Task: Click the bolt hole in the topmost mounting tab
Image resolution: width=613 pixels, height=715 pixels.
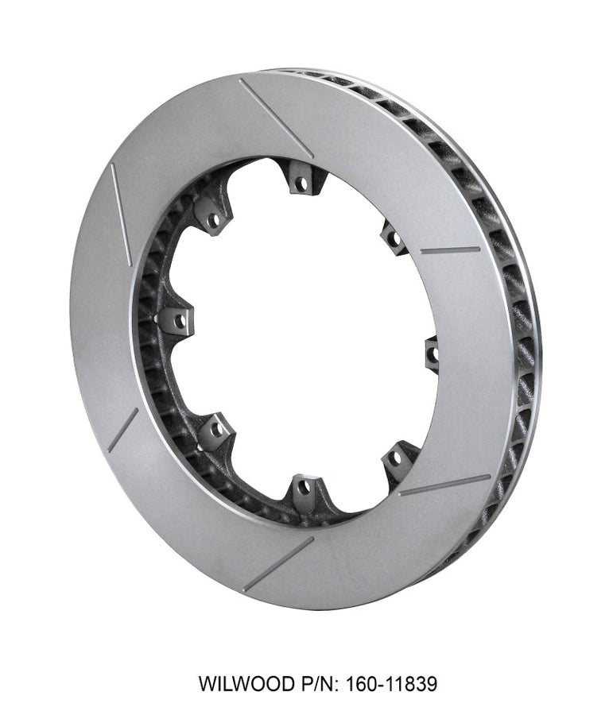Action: click(301, 184)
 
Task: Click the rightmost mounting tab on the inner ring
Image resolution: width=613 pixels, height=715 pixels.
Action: click(432, 353)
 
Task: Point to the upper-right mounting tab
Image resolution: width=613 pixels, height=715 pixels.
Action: click(393, 237)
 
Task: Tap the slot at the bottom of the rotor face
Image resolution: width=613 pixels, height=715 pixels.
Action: click(277, 563)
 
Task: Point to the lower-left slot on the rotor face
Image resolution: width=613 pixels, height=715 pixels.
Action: click(122, 430)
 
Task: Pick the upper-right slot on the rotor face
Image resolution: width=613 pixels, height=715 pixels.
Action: click(450, 249)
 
